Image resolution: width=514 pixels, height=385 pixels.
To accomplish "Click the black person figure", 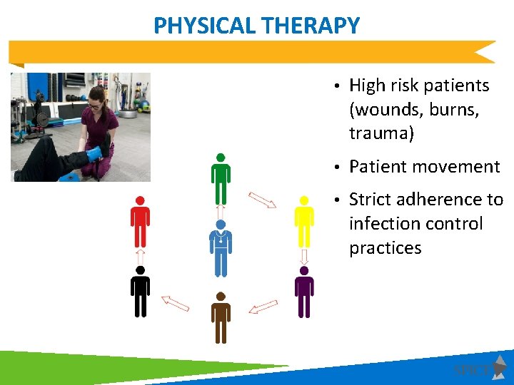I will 140,292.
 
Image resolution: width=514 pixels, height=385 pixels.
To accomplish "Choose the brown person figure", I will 221,318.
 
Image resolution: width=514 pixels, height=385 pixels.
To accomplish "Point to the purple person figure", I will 304,292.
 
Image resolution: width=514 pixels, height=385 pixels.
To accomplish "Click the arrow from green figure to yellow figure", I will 262,200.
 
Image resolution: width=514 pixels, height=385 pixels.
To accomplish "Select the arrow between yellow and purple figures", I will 304,256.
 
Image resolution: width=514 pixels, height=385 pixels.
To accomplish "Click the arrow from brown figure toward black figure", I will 175,304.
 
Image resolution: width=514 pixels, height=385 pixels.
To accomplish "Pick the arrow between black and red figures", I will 140,256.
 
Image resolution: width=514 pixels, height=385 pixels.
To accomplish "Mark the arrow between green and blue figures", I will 221,212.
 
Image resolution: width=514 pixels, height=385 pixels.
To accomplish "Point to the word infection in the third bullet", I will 385,224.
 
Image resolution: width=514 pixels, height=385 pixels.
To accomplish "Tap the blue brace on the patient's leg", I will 94,154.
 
